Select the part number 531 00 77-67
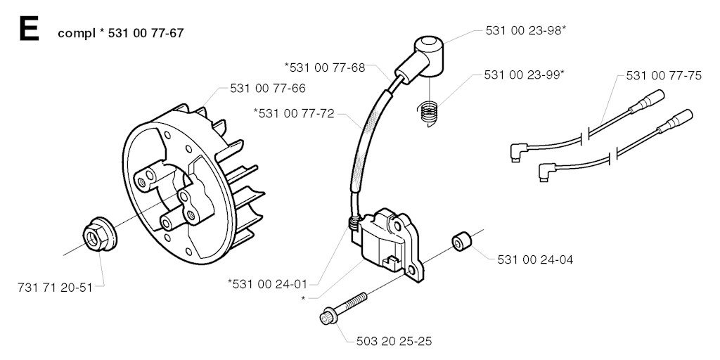(146, 34)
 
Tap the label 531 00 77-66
(267, 88)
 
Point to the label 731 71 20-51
(55, 288)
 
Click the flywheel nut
(100, 236)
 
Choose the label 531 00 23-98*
(526, 30)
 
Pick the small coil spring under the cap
(428, 113)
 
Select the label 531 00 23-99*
(524, 75)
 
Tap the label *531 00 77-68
(325, 67)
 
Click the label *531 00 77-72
(294, 113)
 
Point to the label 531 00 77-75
(664, 76)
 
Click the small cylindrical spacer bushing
(461, 242)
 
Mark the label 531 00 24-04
(535, 260)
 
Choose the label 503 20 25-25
(394, 341)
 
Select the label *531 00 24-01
(267, 284)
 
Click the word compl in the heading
(76, 34)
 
